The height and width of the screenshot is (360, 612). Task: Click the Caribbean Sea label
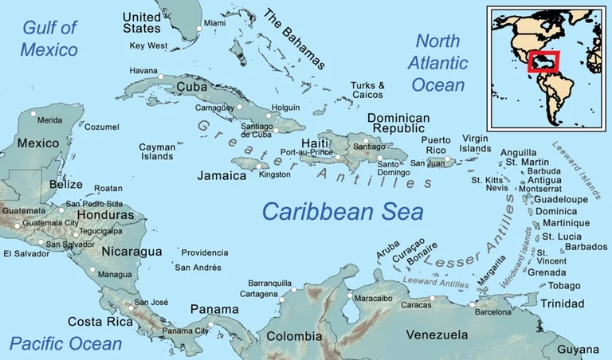click(343, 211)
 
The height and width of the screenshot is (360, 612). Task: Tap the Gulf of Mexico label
click(49, 38)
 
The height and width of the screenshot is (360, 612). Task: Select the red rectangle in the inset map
click(543, 61)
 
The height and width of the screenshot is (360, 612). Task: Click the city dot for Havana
click(161, 76)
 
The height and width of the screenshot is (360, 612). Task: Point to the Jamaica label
click(222, 175)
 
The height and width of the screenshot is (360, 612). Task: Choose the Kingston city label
click(275, 174)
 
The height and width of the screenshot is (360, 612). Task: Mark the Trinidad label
click(563, 304)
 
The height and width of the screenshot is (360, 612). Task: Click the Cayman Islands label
click(156, 151)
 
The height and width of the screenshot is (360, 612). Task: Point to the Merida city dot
click(33, 114)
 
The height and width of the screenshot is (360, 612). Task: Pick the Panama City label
click(185, 331)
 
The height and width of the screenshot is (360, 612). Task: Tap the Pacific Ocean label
click(65, 344)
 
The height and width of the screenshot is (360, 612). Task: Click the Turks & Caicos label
click(367, 90)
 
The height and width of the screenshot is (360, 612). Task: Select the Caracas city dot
click(433, 299)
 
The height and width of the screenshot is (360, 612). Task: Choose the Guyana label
click(578, 350)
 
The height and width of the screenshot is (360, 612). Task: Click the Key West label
click(148, 46)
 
